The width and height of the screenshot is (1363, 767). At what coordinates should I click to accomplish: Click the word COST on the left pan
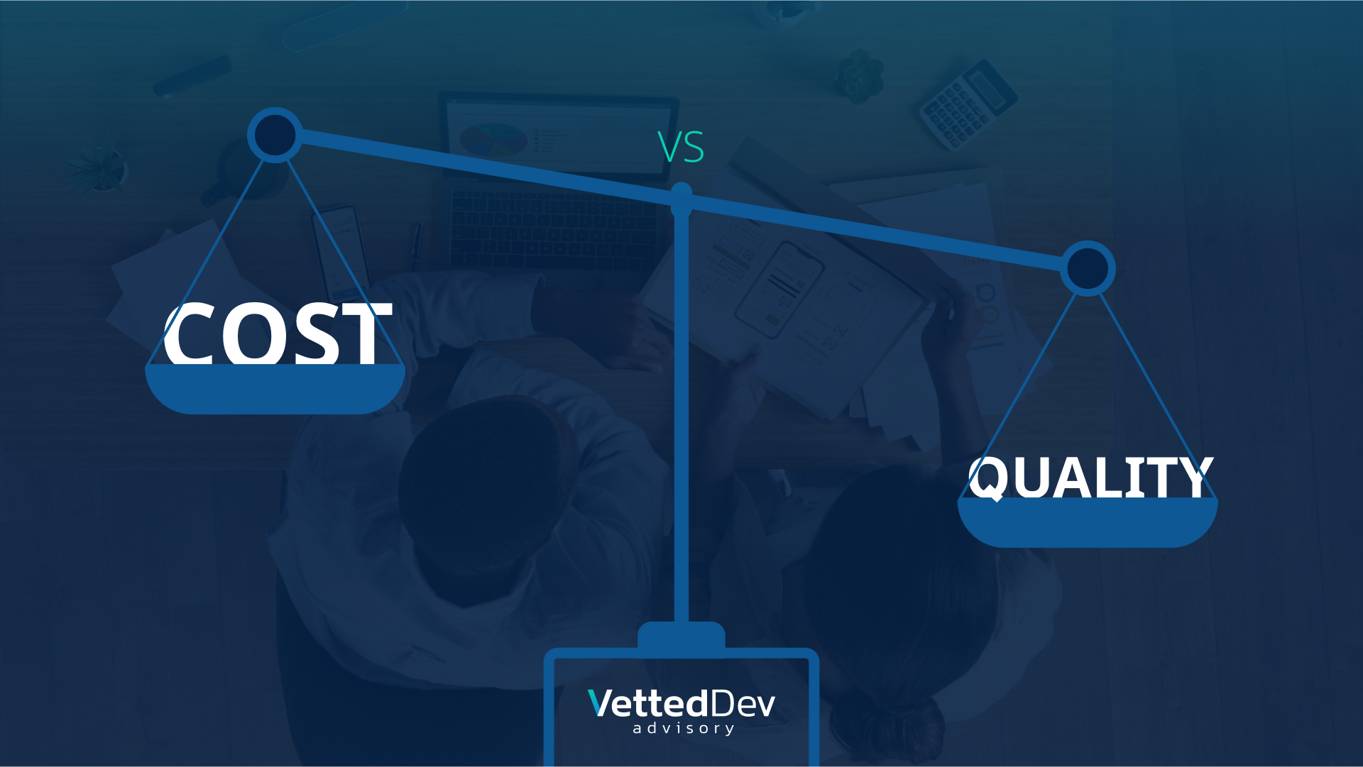pos(278,333)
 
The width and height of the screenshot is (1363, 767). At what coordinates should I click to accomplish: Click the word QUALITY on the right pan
pos(1091,478)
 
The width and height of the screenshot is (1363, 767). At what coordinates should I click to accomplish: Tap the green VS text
pos(681,147)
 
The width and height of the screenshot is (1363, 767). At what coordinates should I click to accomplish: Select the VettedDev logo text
pos(681,703)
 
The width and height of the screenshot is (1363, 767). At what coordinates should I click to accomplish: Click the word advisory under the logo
pos(684,729)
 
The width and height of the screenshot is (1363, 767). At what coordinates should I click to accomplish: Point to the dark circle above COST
pos(275,135)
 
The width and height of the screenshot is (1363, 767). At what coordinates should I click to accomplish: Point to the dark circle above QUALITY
pos(1088,269)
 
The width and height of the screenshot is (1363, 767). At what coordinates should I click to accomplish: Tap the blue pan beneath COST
pos(275,389)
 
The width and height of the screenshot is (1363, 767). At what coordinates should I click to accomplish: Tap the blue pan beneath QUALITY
pos(1088,522)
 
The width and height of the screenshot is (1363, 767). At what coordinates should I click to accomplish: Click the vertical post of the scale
pos(681,419)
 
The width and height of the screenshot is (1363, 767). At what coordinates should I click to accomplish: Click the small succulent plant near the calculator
pos(860,75)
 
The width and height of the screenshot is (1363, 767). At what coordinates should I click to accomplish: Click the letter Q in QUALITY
pos(987,479)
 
